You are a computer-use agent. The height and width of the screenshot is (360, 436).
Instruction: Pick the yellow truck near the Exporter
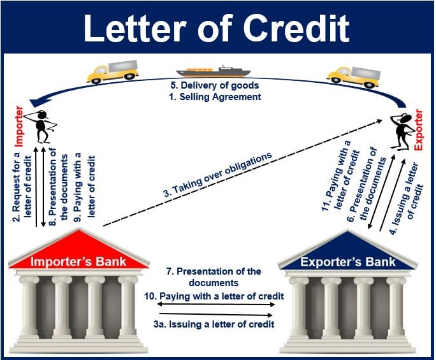351,75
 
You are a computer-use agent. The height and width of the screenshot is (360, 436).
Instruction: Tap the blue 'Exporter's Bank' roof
348,252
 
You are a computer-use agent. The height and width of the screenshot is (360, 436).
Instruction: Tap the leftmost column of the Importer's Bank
30,306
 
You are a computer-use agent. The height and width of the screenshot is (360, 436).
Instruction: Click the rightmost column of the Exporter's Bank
396,306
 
